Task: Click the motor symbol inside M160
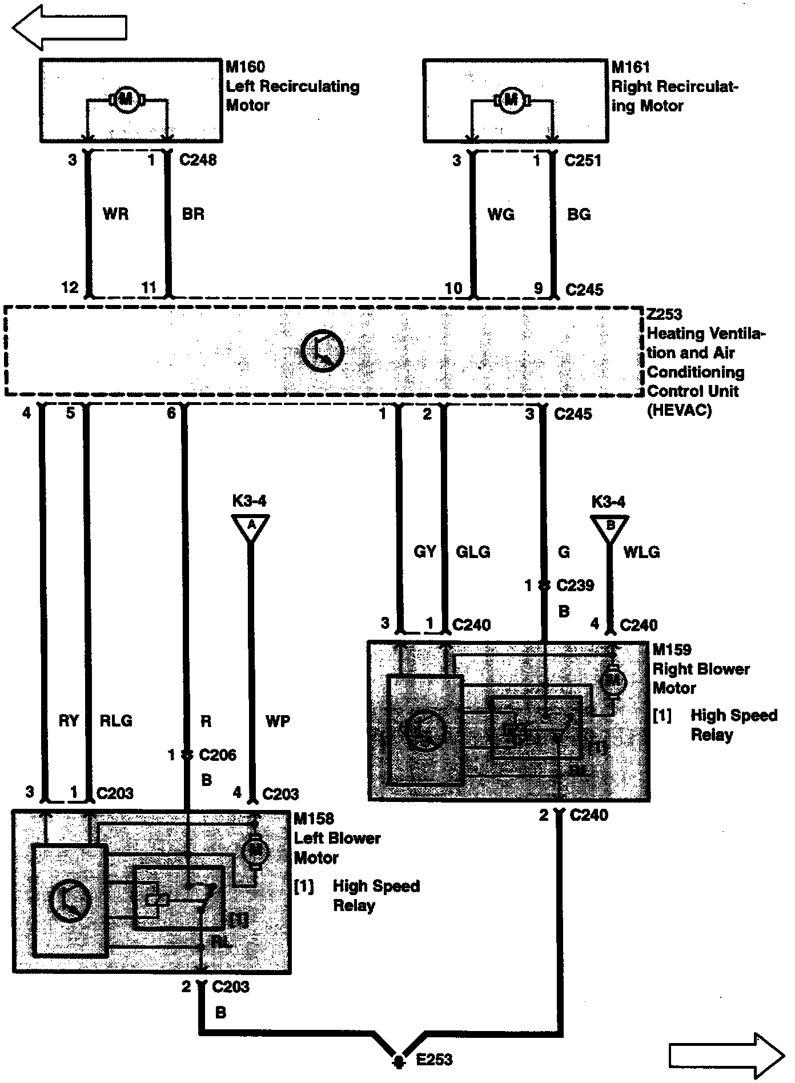125,99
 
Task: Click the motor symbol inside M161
511,100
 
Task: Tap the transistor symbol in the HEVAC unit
323,351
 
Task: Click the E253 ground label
433,1060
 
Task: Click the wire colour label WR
116,214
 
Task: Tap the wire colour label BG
579,215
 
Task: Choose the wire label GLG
473,552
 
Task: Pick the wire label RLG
116,721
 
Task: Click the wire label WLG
641,552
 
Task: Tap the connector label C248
198,160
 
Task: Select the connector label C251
583,161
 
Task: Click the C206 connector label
218,755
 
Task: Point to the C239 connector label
575,585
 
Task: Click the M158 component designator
314,819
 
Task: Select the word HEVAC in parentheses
680,410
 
